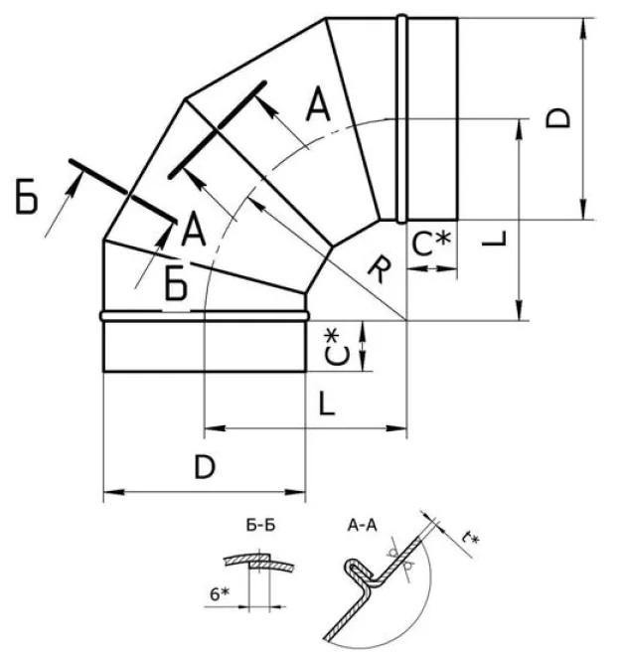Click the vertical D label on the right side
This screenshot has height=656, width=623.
click(558, 118)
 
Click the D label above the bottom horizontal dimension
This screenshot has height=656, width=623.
click(205, 467)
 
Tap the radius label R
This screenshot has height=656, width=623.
click(381, 269)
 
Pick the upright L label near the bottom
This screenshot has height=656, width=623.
click(327, 403)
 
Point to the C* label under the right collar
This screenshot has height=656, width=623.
click(431, 245)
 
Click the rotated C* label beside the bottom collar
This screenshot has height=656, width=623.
click(338, 347)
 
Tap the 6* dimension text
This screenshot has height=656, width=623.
click(220, 593)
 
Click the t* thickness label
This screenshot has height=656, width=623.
click(470, 539)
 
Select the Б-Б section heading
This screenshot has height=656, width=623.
click(260, 525)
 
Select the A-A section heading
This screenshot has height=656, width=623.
click(362, 525)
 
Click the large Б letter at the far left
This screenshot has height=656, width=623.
click(27, 196)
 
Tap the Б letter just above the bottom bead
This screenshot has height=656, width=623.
click(176, 283)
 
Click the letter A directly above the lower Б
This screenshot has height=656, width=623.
click(194, 229)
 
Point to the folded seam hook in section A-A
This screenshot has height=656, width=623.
click(356, 571)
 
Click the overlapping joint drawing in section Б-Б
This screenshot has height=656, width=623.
click(259, 563)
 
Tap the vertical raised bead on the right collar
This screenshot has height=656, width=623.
click(401, 119)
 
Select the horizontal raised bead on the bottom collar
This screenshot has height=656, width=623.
click(205, 316)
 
